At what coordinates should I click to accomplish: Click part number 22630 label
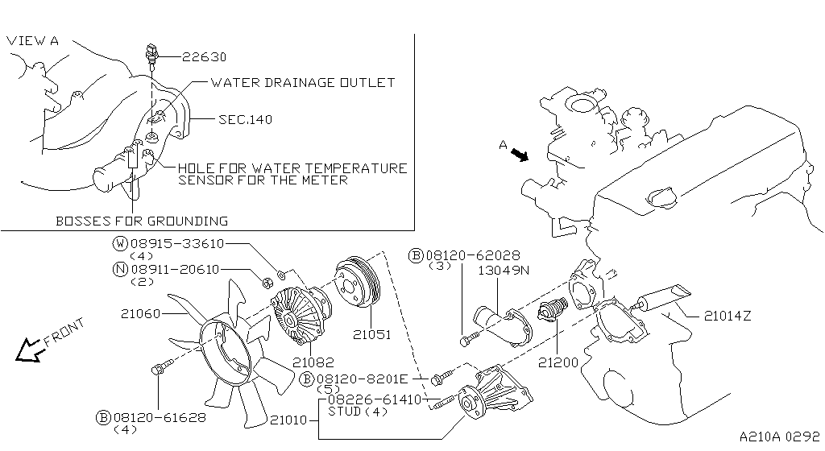pos(204,57)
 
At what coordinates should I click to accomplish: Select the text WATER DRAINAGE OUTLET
pos(302,82)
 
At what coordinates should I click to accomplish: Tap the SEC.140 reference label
pos(245,119)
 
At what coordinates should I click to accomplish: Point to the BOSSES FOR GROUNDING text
pos(142,221)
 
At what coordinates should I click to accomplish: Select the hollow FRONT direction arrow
pos(32,348)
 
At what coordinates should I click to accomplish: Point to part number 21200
pos(560,362)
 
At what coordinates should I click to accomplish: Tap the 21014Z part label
pos(727,316)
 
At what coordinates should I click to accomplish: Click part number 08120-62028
pos(463,255)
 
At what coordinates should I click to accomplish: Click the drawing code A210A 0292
pos(773,435)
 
